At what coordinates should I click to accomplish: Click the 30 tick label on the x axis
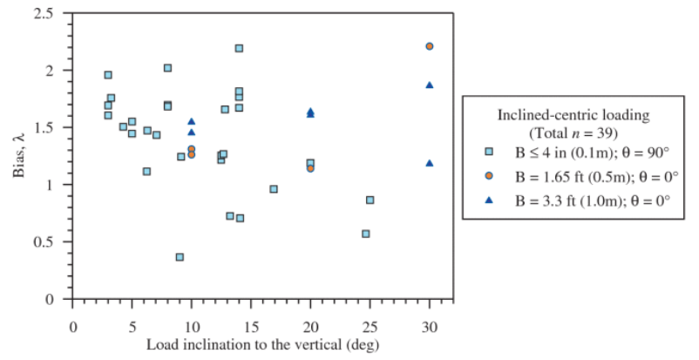[x=429, y=326]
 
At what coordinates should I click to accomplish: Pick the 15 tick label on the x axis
[x=251, y=326]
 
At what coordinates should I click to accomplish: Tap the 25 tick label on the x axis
[x=370, y=326]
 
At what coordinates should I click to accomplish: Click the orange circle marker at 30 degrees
[x=429, y=46]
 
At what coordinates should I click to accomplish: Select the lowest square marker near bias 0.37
[x=180, y=257]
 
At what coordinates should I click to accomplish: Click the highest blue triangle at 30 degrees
[x=429, y=85]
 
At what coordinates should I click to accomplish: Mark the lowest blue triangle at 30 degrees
[x=429, y=163]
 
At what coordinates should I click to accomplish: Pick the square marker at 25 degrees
[x=370, y=200]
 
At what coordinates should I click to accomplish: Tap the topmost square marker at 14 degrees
[x=239, y=48]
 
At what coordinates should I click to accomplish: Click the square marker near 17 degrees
[x=274, y=188]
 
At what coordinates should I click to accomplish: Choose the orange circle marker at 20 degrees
[x=310, y=168]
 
